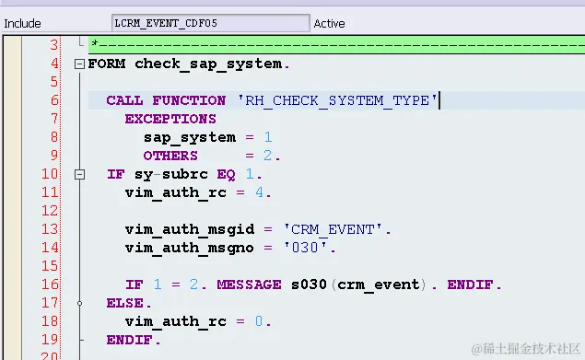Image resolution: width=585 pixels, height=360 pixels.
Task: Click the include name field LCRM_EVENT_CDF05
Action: pos(210,23)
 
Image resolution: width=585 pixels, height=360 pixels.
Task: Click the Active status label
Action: pos(329,23)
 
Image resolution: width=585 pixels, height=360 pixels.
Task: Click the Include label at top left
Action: pos(22,23)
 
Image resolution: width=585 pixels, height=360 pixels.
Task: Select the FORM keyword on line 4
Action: pos(109,64)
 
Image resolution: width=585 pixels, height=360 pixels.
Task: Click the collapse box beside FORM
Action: pos(79,64)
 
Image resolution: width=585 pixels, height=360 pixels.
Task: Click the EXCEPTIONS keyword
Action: pos(170,119)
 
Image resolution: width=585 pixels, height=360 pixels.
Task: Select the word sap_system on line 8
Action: pos(189,137)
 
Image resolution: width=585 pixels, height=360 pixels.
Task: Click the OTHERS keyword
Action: pos(170,156)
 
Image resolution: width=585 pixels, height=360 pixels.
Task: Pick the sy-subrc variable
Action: pos(170,174)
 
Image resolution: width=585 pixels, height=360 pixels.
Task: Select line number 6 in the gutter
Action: pos(54,100)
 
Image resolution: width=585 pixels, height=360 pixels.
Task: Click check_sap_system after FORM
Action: pos(211,64)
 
